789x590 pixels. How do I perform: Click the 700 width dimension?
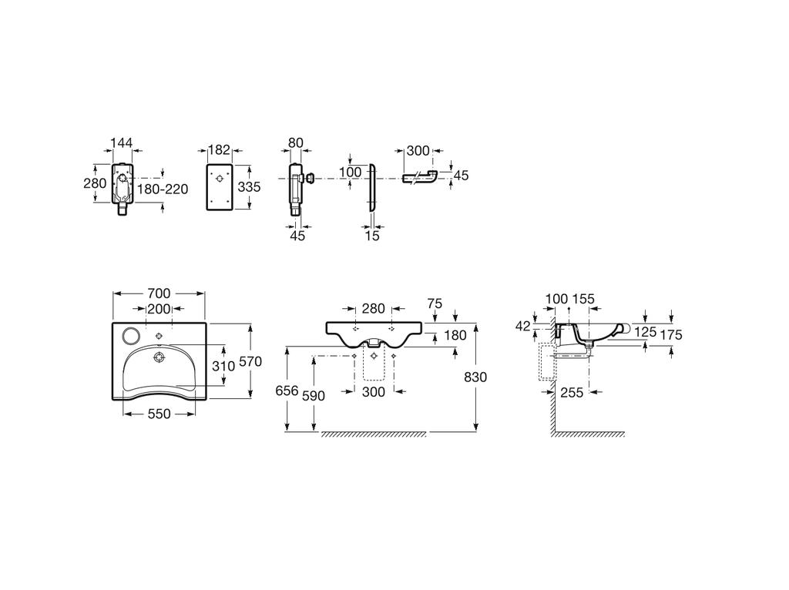[159, 293]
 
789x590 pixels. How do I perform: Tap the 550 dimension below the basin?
[159, 414]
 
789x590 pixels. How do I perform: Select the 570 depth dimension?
[250, 361]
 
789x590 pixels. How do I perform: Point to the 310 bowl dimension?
[223, 366]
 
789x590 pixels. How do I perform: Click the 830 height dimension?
[475, 377]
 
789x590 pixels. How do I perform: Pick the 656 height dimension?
[287, 391]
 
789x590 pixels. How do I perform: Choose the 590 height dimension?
[314, 396]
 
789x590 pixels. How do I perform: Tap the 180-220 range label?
[163, 189]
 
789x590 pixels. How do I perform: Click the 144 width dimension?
[121, 142]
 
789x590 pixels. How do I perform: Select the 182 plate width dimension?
[219, 150]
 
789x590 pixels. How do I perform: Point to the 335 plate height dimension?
[249, 187]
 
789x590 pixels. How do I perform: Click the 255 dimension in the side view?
[572, 392]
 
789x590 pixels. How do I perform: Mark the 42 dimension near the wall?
[523, 327]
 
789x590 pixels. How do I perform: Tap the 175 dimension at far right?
[671, 335]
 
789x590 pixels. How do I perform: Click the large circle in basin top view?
[132, 334]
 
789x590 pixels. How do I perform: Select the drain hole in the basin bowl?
[159, 357]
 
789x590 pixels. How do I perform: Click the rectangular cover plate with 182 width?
[220, 186]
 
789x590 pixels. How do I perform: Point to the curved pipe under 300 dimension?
[420, 177]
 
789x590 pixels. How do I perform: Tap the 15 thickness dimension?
[372, 236]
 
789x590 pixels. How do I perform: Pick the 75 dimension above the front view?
[435, 303]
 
